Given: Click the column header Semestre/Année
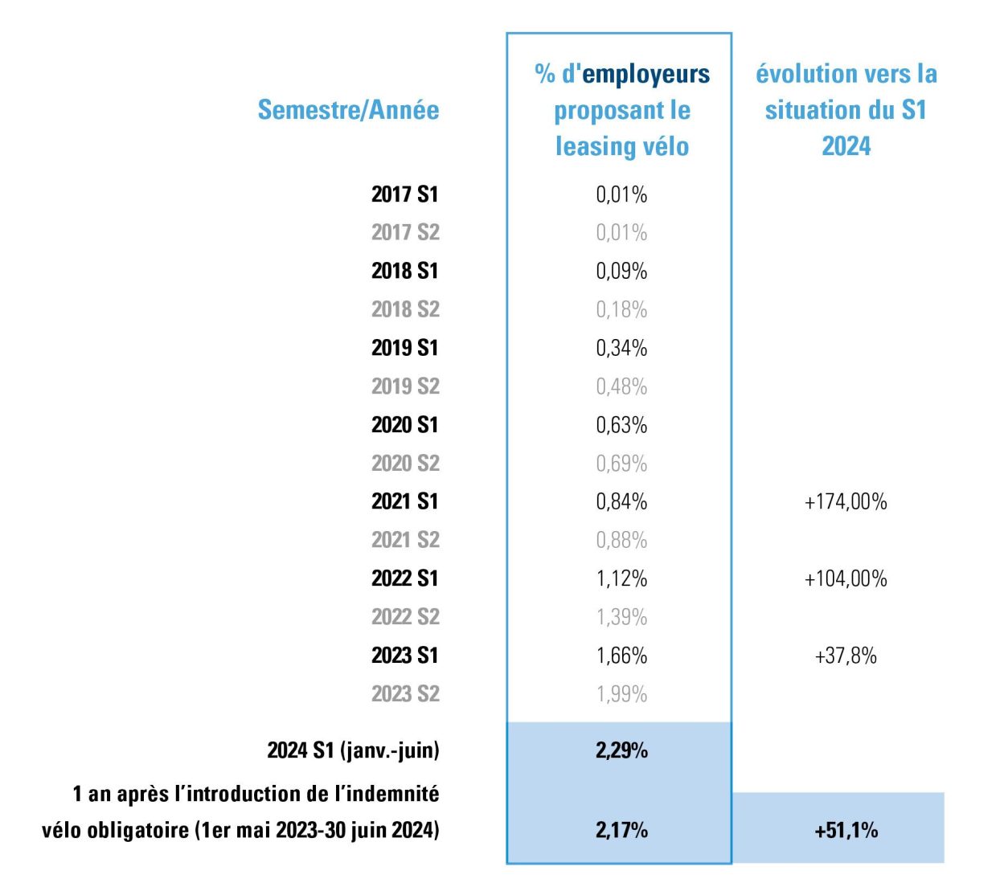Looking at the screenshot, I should point(348,110).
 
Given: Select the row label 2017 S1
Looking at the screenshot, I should point(404,194).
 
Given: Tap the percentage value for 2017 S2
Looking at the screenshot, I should point(621,232).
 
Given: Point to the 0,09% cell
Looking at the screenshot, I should point(621,271).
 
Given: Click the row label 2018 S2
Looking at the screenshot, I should point(405,309).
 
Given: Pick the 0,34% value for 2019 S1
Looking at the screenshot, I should point(621,348).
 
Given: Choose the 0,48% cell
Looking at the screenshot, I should point(621,386).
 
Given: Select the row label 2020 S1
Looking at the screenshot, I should point(404,424).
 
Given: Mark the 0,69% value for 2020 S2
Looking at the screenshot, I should point(621,464).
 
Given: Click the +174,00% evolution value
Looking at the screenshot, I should point(846,502).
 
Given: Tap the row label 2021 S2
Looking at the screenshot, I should point(405,540).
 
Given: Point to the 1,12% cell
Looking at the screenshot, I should point(621,578).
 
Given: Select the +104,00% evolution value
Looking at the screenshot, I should point(846,578).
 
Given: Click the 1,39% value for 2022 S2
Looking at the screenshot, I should point(621,617).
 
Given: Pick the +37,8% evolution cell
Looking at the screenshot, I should point(846,656).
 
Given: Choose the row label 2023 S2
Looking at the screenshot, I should point(405,693).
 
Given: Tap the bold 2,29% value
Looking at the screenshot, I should point(621,750).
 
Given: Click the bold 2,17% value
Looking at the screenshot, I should point(621,830).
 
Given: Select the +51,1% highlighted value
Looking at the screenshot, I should point(846,830).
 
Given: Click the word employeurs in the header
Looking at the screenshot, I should point(645,75).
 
